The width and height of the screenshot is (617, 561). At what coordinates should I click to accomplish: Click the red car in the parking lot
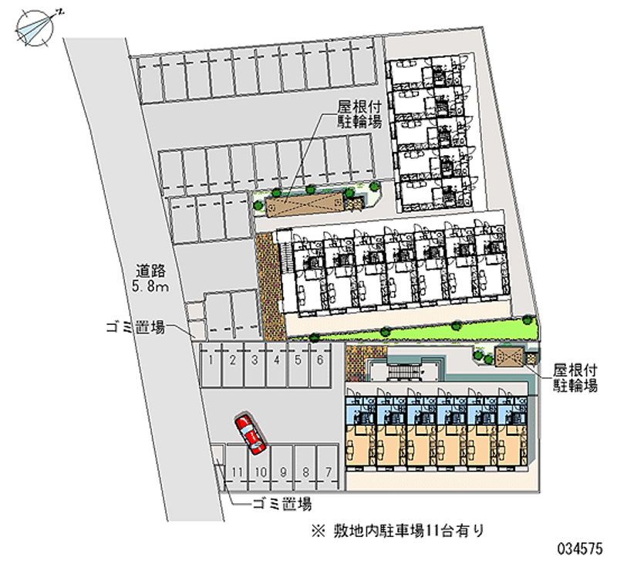pyautogui.click(x=249, y=432)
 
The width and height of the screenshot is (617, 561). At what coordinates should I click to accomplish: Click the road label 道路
pyautogui.click(x=152, y=272)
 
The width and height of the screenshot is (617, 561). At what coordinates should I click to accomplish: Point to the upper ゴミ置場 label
pyautogui.click(x=136, y=328)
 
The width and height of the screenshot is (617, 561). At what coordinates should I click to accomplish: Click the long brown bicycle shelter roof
pyautogui.click(x=305, y=204)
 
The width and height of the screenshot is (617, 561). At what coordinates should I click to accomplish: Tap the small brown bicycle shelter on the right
pyautogui.click(x=510, y=356)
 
